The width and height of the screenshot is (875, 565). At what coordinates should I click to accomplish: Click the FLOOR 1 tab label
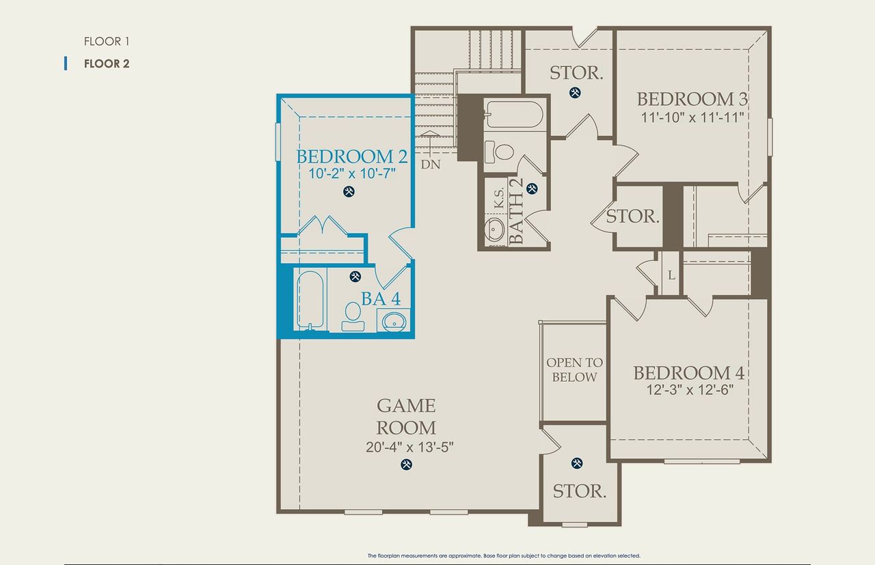click(107, 42)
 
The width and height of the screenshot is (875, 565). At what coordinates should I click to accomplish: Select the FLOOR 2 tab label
click(107, 64)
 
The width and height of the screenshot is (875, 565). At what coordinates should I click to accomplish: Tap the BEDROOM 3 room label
click(692, 99)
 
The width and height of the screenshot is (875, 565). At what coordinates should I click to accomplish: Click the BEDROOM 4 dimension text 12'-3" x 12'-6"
click(688, 391)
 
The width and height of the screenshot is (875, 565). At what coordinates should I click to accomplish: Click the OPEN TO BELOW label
click(574, 370)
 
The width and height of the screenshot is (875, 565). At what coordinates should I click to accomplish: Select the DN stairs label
click(430, 165)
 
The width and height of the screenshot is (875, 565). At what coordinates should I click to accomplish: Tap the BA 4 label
click(381, 299)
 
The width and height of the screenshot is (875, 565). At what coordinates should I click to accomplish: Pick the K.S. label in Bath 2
click(499, 198)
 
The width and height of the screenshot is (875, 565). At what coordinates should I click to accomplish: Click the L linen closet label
click(671, 275)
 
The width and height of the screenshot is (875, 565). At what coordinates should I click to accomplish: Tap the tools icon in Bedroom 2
click(349, 192)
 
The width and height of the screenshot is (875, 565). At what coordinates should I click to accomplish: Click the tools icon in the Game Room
click(406, 465)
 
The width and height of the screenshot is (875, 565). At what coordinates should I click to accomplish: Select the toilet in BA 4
click(353, 314)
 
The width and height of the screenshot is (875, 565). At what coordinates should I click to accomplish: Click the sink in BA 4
click(394, 320)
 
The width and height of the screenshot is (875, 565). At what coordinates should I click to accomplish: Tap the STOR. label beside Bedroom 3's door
click(633, 217)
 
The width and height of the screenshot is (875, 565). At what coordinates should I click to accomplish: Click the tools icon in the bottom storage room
click(577, 463)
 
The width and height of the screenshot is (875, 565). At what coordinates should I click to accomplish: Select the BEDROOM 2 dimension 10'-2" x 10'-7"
click(351, 174)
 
